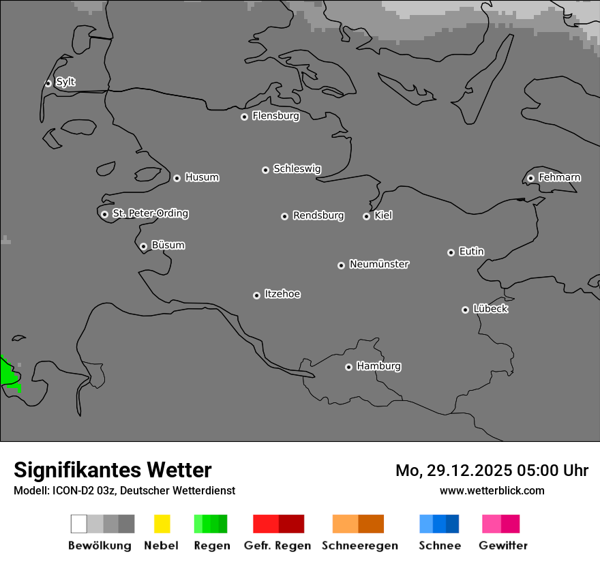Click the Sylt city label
point(65,82)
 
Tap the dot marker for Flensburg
point(244,117)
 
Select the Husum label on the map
point(202,177)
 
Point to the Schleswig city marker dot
point(265,170)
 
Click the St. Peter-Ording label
point(150,213)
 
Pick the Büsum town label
point(168,245)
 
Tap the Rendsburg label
point(318,215)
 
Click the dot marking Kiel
point(366,216)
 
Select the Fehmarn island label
point(559,177)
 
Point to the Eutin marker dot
point(451,252)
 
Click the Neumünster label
point(379,264)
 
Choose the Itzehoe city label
point(282,294)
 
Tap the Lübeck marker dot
point(465,310)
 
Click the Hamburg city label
point(378,366)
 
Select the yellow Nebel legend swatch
point(162,524)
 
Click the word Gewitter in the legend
point(503,546)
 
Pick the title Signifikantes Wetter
point(112,470)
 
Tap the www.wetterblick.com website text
point(492,490)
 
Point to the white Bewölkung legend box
point(78,524)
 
